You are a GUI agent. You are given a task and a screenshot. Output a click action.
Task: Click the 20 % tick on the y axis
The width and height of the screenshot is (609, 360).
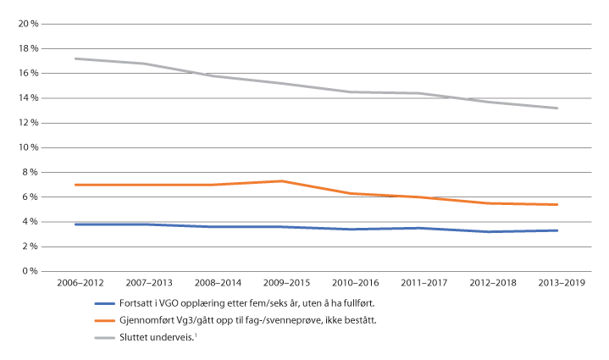point(30,25)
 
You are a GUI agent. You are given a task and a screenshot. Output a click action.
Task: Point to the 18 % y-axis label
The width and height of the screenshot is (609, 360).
point(30,49)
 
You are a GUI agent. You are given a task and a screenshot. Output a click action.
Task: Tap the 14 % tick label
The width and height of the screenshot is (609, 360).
point(30,98)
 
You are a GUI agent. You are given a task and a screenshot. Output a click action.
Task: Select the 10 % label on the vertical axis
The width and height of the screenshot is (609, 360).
point(30,147)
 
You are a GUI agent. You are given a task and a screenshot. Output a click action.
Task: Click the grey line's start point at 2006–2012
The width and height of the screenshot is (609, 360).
point(75,58)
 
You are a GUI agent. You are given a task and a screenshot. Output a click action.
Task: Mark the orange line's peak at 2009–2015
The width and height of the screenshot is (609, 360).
point(282,181)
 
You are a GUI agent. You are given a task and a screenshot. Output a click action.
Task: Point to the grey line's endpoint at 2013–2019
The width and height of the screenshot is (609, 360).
point(556,108)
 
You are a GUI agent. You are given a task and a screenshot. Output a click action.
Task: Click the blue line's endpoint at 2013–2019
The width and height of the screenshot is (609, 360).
point(556,230)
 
